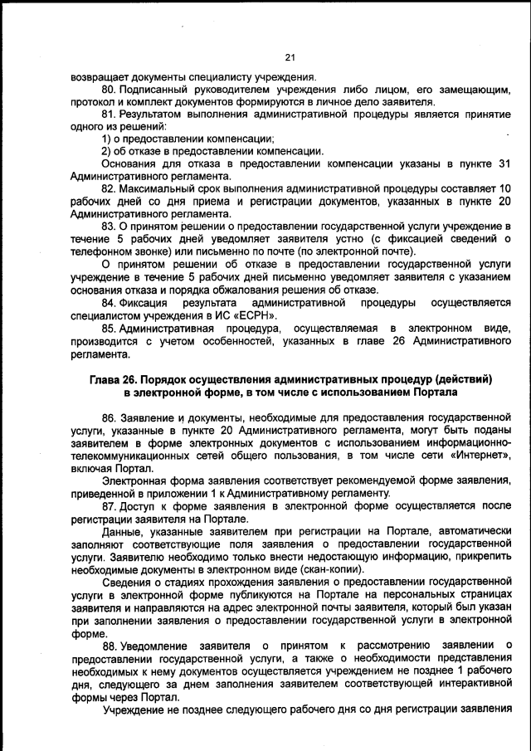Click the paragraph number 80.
click(109, 89)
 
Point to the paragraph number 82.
click(109, 189)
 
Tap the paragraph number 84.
click(109, 303)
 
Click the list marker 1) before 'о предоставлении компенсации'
click(107, 139)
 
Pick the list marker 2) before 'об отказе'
click(107, 151)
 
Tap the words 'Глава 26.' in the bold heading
click(117, 378)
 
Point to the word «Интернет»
click(482, 455)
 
